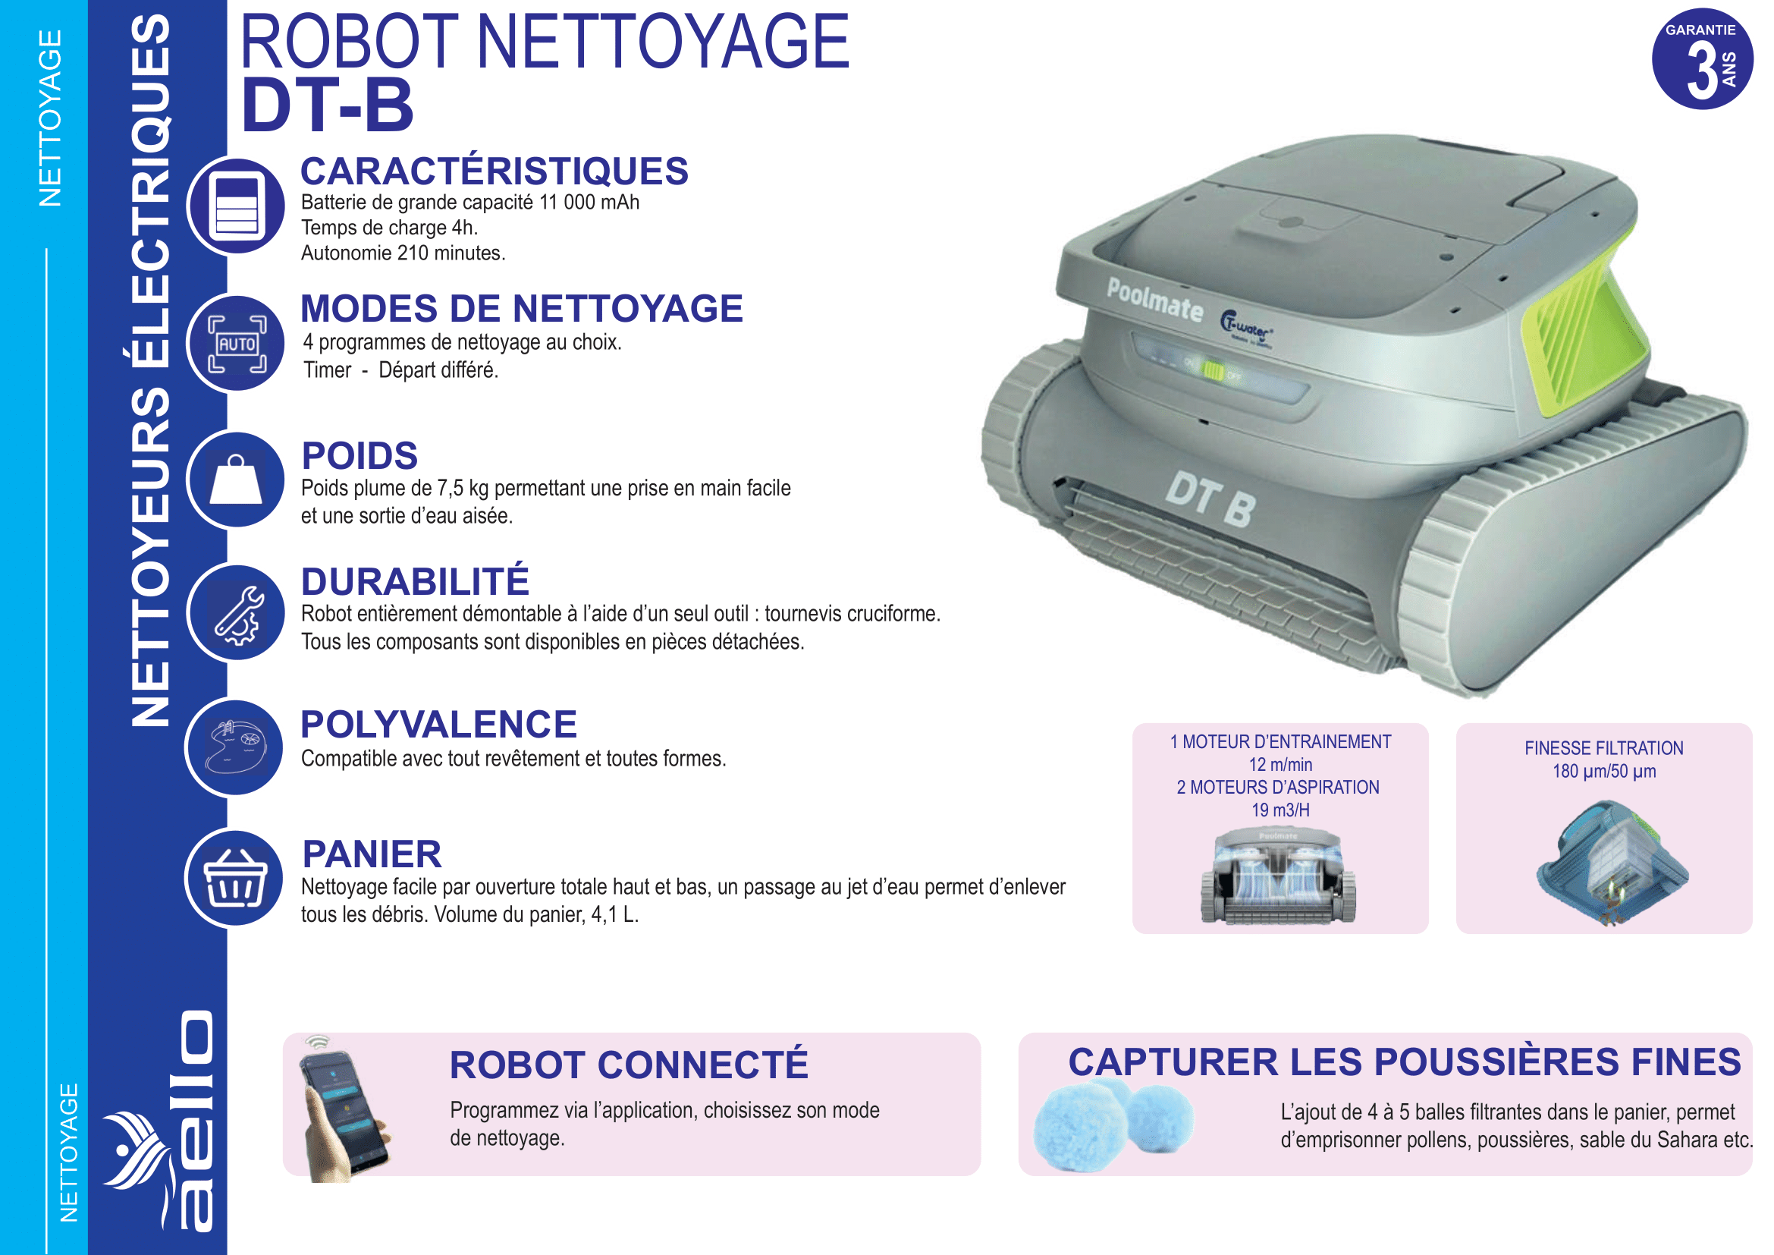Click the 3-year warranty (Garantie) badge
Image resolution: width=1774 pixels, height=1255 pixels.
[x=1702, y=58]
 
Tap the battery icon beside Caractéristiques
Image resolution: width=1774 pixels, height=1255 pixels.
[x=237, y=206]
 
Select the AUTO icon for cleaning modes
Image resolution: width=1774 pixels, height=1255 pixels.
[x=237, y=343]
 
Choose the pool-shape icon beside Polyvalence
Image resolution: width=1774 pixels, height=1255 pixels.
[x=235, y=747]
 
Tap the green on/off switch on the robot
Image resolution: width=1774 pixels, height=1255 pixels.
[x=1212, y=372]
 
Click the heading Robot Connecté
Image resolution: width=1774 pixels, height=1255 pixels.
[x=629, y=1064]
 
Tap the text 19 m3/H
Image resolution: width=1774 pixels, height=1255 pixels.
[x=1280, y=810]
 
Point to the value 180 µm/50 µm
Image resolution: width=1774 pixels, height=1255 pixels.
[x=1604, y=771]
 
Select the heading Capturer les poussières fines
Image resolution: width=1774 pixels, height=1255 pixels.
[x=1405, y=1061]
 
